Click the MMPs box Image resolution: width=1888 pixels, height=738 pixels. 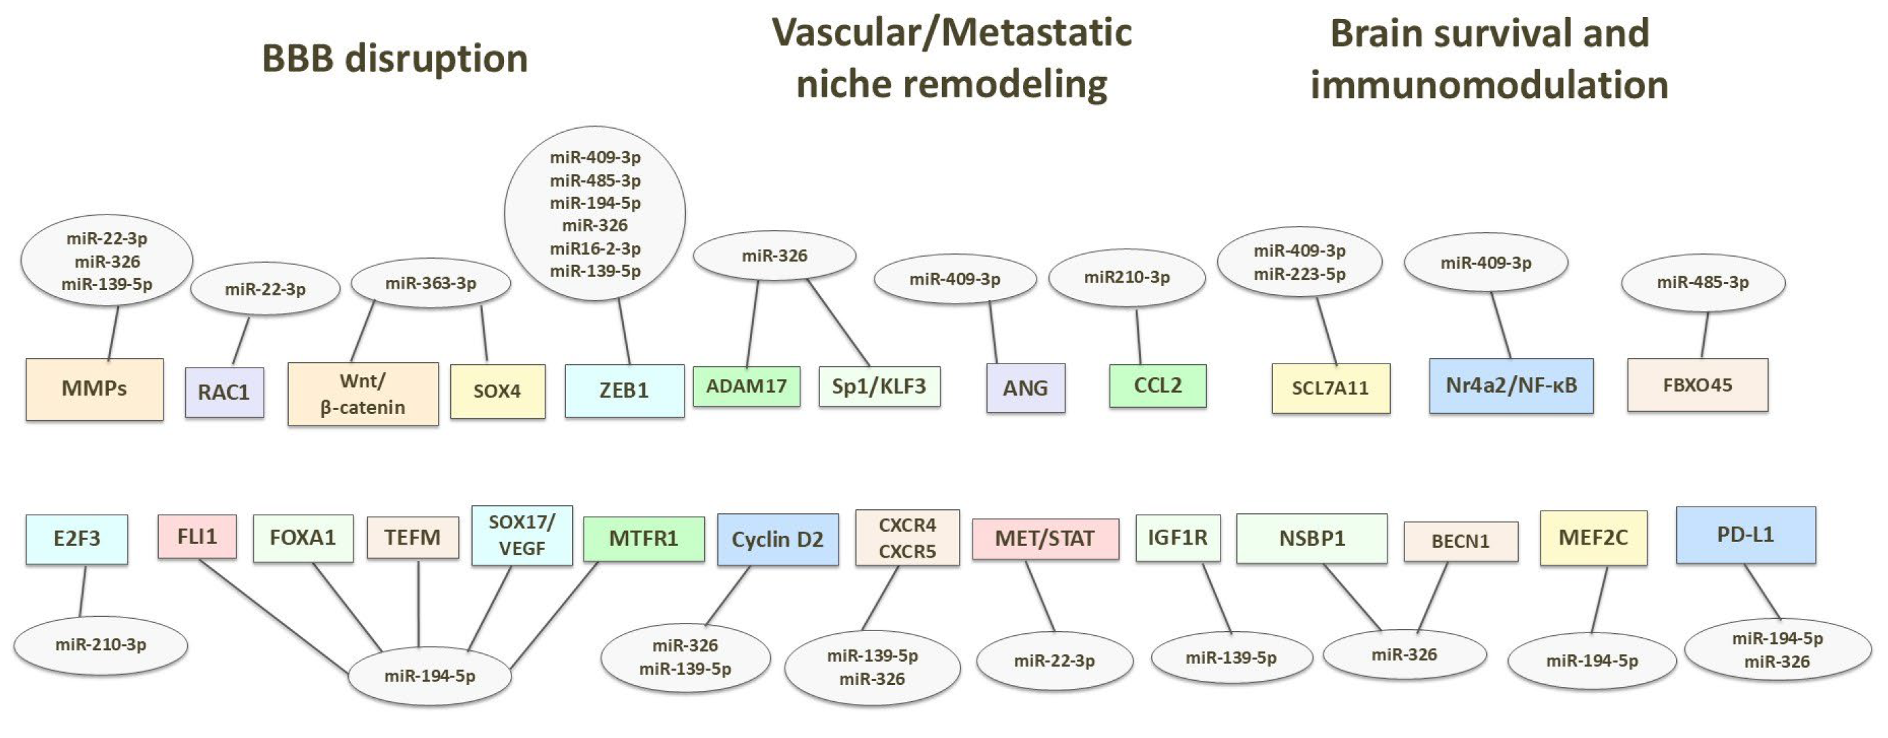pyautogui.click(x=95, y=389)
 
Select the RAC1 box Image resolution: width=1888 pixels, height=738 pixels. pyautogui.click(x=224, y=392)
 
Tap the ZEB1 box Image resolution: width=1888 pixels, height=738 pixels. pyautogui.click(x=625, y=391)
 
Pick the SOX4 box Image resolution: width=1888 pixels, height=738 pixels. pyautogui.click(x=498, y=391)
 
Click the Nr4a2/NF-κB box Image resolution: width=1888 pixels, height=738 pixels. pyautogui.click(x=1511, y=385)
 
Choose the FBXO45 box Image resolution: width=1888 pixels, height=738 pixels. pyautogui.click(x=1697, y=385)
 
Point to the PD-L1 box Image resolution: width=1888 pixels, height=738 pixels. pyautogui.click(x=1746, y=535)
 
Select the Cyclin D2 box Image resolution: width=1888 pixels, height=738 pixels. pyautogui.click(x=778, y=539)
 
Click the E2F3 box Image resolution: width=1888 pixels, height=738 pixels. pyautogui.click(x=77, y=539)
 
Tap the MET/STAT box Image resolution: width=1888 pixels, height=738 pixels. pyautogui.click(x=1045, y=539)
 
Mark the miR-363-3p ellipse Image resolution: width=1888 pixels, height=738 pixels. pyautogui.click(x=431, y=283)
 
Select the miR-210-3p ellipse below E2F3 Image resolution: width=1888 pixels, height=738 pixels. pyautogui.click(x=101, y=645)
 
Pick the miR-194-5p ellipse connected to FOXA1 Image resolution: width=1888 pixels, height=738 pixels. pyautogui.click(x=430, y=676)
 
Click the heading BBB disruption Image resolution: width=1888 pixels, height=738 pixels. pyautogui.click(x=395, y=59)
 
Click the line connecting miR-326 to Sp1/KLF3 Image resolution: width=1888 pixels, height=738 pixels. pyautogui.click(x=838, y=323)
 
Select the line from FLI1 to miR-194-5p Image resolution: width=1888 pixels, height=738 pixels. pyautogui.click(x=274, y=617)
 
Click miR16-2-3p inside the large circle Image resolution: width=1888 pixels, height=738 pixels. pyautogui.click(x=595, y=248)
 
